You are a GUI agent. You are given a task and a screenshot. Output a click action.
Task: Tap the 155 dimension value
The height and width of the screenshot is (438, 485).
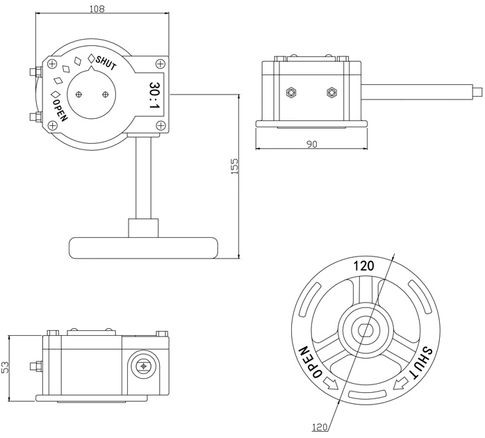[x=234, y=166]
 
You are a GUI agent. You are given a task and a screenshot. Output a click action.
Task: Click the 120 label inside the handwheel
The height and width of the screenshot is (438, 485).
[x=363, y=265]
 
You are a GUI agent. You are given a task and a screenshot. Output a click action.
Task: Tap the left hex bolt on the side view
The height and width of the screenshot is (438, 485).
[x=291, y=92]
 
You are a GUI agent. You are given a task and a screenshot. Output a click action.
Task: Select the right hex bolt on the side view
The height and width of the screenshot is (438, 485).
[x=331, y=92]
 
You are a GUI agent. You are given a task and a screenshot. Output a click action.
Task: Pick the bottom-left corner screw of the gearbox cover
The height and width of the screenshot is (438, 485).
[x=52, y=126]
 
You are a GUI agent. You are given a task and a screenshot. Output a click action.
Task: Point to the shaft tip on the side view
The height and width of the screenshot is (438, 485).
[x=479, y=90]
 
